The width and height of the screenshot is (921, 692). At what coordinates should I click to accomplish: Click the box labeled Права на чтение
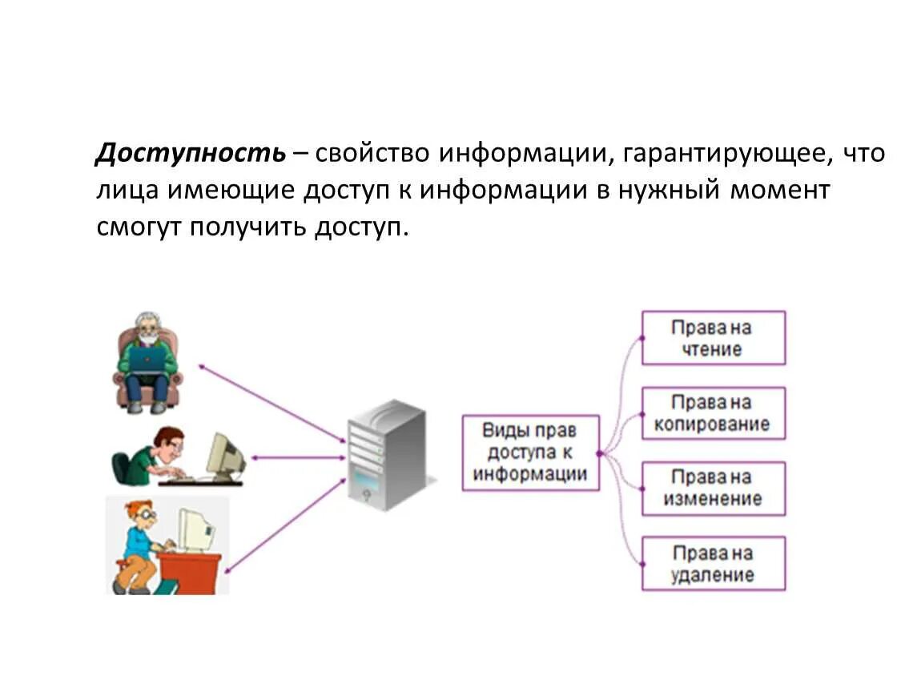713,338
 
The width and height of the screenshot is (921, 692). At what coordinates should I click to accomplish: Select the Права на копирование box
713,412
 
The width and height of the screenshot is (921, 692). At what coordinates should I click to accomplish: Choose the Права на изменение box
713,488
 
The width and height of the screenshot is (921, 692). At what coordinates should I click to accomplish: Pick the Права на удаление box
713,564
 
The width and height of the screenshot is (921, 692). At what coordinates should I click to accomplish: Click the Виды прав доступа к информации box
530,452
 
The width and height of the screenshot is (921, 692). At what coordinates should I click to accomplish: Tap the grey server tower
386,455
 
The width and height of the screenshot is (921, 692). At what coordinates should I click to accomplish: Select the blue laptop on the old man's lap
148,358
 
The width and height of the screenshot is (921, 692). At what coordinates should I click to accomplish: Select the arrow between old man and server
272,404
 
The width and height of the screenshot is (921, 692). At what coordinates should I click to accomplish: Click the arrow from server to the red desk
285,525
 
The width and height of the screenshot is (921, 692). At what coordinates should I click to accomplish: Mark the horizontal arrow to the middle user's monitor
296,457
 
